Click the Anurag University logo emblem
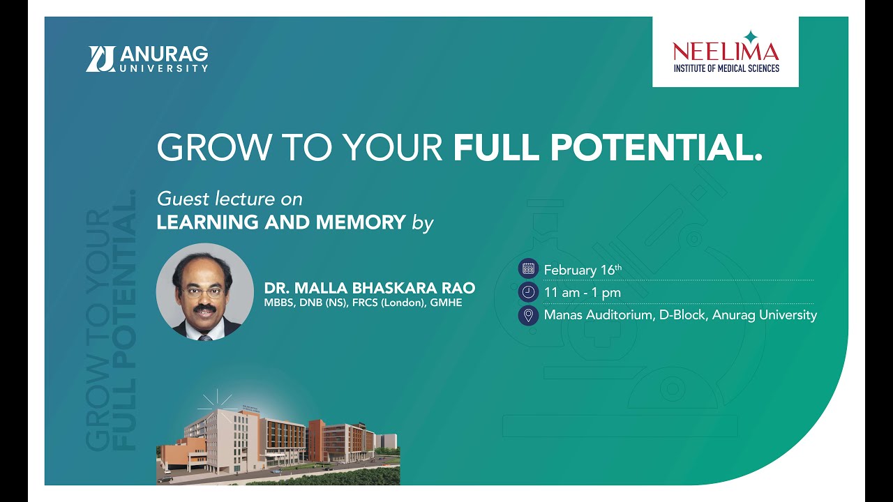[x=100, y=59]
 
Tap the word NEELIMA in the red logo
[x=726, y=52]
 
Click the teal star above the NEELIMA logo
[x=750, y=36]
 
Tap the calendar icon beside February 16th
[x=528, y=268]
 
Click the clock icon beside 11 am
[x=528, y=292]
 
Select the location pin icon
[x=528, y=315]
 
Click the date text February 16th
[x=582, y=270]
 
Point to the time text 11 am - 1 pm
[x=582, y=293]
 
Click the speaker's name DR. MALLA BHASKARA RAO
[x=369, y=288]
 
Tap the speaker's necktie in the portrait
[x=204, y=337]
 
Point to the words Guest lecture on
[x=230, y=199]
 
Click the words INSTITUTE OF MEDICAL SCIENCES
[x=726, y=68]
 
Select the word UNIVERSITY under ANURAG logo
[x=164, y=68]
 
